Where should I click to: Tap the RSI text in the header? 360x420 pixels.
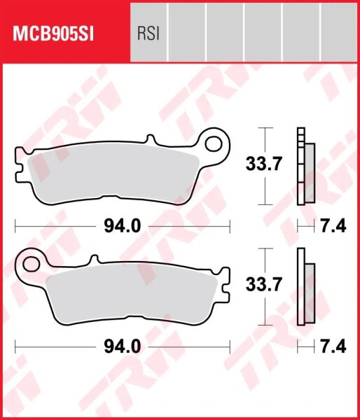tap(147, 33)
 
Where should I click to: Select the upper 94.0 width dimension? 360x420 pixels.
tap(123, 225)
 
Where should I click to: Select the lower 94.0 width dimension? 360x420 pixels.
tap(123, 346)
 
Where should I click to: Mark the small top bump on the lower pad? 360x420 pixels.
tap(91, 260)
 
